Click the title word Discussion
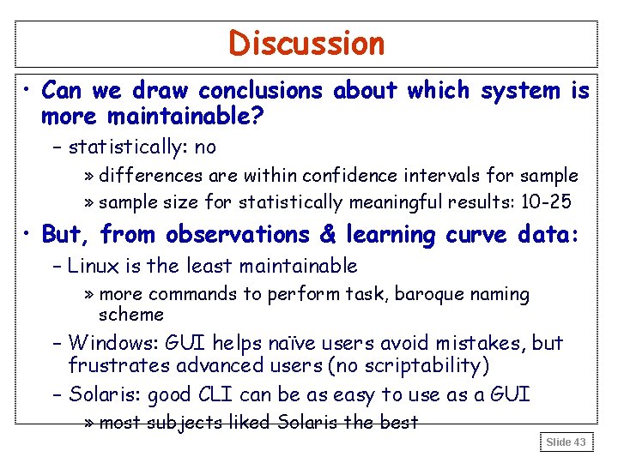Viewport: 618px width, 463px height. [x=306, y=43]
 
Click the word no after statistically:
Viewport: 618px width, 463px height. [x=206, y=147]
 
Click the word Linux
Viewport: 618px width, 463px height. [x=92, y=267]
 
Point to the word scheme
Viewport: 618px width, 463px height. [x=130, y=315]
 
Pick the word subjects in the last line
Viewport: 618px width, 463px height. [x=184, y=423]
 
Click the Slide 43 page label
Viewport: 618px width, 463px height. [x=566, y=442]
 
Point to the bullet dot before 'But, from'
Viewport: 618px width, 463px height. [x=28, y=234]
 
